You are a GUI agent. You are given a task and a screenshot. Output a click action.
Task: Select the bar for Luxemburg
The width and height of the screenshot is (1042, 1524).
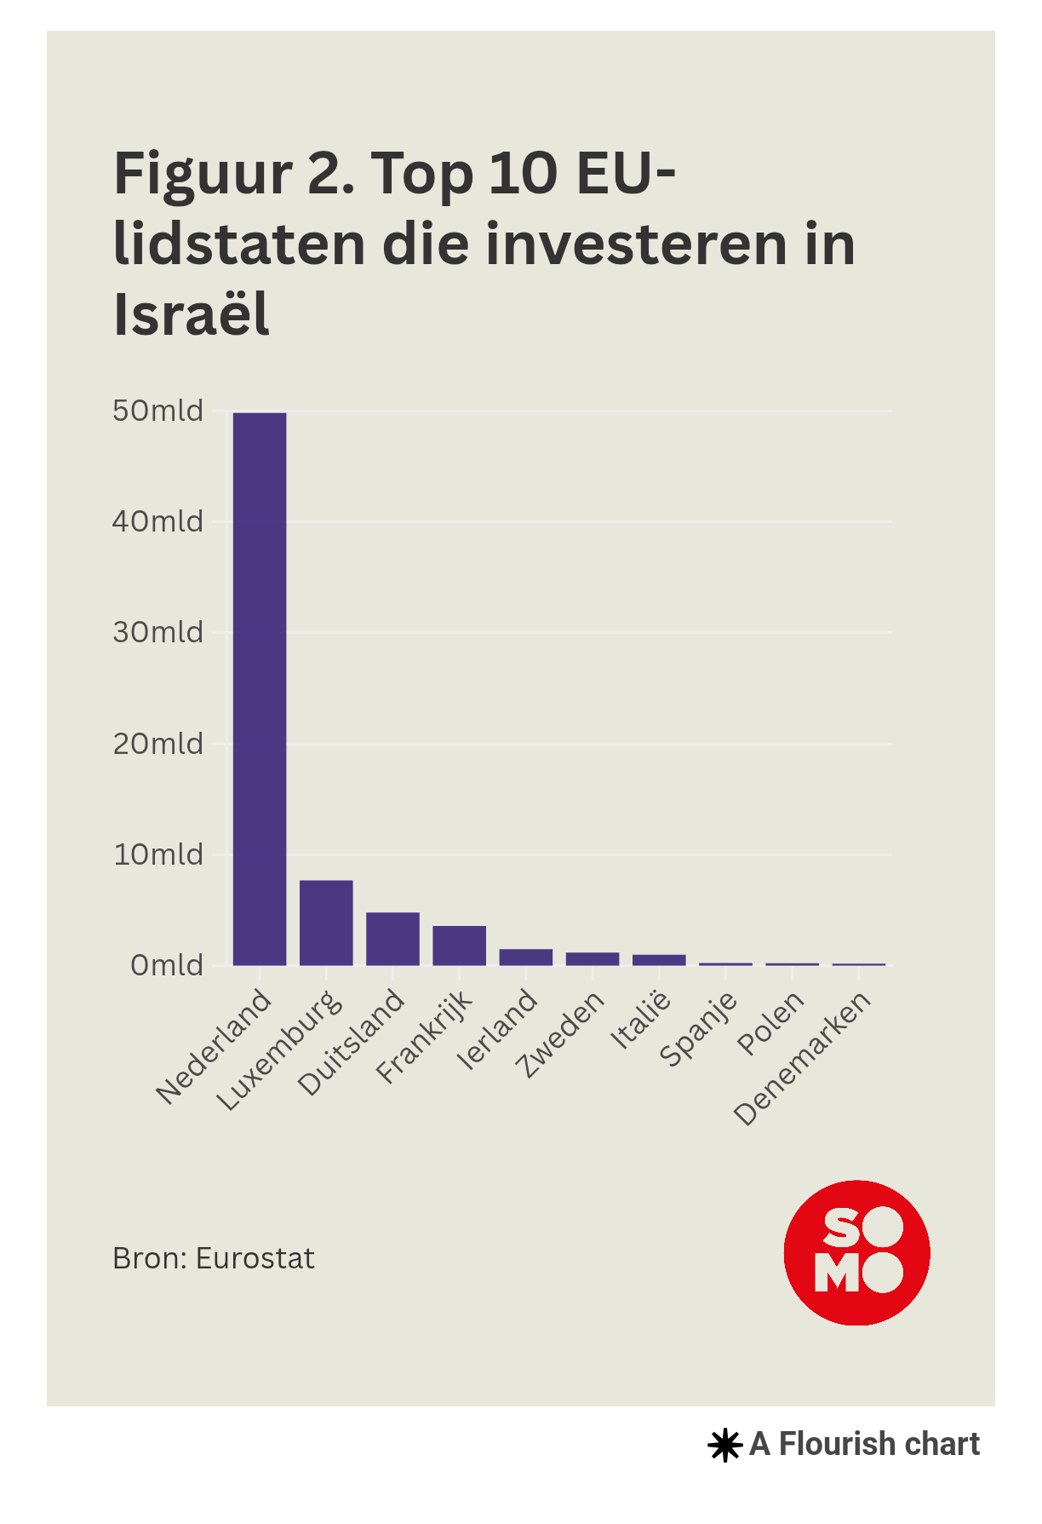326,923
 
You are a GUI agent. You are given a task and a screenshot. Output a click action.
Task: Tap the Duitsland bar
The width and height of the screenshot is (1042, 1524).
392,939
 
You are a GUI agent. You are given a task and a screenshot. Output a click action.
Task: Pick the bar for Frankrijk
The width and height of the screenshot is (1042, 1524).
459,946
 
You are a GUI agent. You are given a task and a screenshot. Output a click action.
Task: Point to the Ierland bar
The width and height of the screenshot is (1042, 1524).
525,958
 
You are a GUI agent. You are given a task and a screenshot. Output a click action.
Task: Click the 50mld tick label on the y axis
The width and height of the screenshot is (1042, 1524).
158,411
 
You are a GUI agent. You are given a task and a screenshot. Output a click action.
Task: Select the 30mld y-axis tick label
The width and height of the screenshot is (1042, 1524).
158,633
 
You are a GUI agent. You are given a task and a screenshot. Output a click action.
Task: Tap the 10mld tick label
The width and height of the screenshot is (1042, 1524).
158,854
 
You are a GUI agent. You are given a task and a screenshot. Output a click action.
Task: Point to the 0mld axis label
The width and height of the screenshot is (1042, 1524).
167,966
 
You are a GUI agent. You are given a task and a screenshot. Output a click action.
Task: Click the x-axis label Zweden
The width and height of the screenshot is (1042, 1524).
561,1035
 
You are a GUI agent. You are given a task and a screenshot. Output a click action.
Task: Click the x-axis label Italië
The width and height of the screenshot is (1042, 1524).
641,1021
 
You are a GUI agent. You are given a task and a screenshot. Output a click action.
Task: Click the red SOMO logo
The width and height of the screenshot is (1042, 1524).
856,1252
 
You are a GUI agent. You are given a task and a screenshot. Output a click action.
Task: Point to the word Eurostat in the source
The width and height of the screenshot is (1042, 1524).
255,1259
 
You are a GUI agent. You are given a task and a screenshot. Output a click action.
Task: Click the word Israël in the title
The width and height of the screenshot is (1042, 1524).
192,314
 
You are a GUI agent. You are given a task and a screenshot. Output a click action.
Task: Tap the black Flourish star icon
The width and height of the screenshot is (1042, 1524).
724,1445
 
